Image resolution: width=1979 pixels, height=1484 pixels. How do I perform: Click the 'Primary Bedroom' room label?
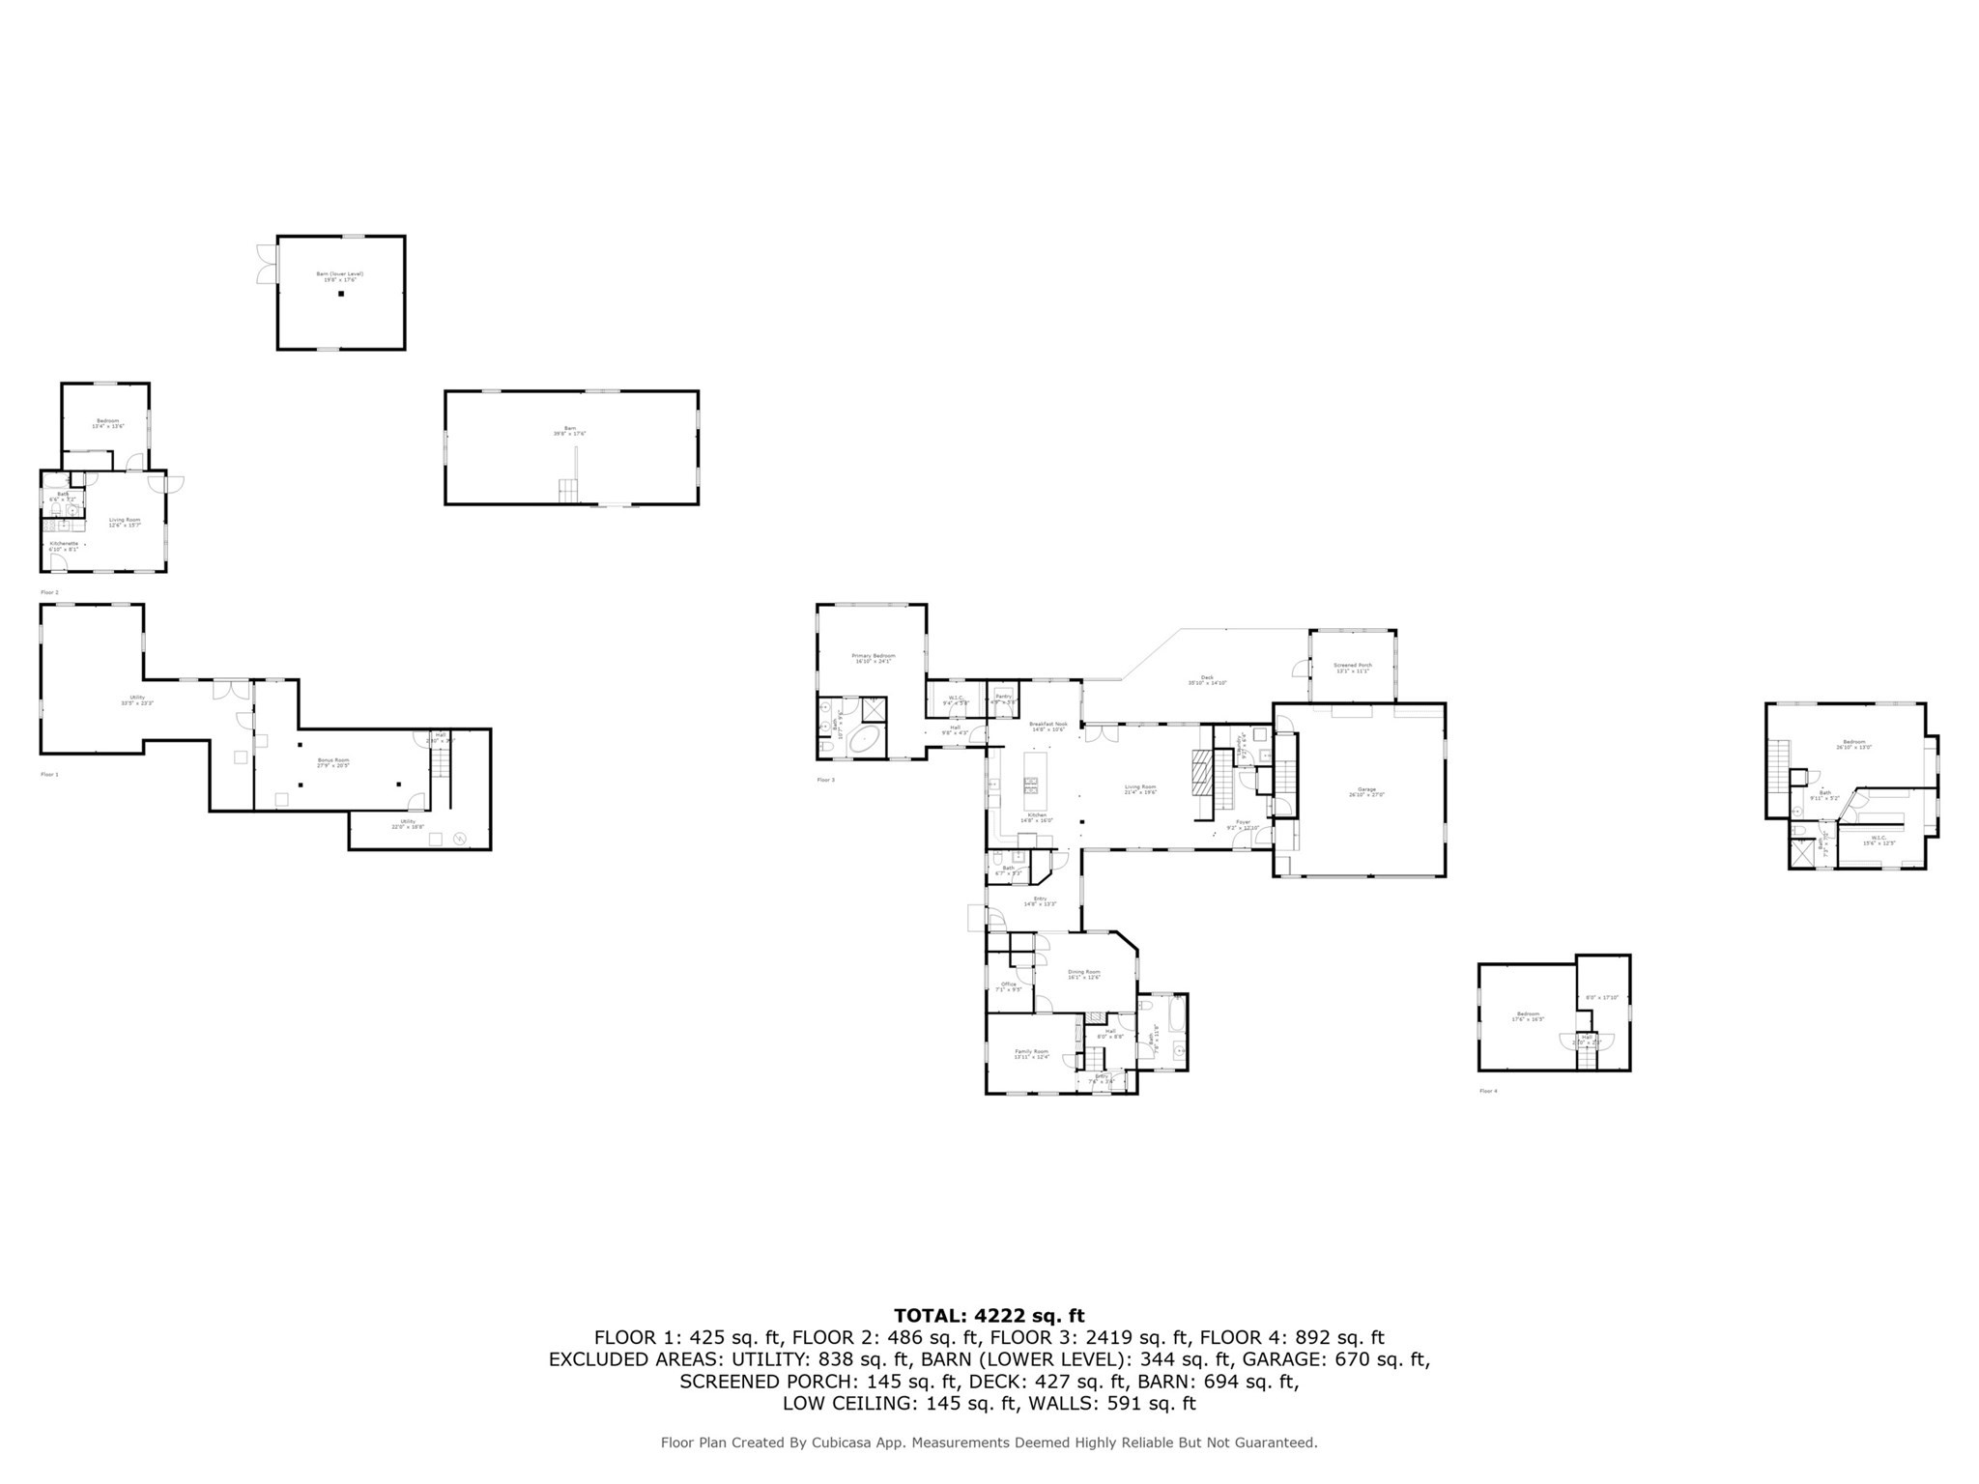873,655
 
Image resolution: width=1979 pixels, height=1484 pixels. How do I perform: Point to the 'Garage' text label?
1366,789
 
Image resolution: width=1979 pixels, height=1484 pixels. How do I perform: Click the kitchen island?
1031,782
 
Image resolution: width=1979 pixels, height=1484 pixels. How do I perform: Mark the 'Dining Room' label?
1083,971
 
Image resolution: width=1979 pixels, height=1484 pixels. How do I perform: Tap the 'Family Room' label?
1031,1051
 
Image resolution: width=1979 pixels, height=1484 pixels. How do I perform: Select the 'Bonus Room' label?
333,760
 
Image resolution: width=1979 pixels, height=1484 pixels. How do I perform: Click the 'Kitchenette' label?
64,543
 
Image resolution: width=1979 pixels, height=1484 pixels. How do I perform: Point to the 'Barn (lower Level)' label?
340,273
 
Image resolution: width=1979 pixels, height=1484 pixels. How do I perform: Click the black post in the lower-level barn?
341,293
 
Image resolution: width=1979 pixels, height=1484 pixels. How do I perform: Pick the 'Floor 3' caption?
826,779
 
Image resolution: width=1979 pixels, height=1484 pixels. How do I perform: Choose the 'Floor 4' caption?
1488,1091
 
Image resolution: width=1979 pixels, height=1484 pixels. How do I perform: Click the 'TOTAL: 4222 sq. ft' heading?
989,1315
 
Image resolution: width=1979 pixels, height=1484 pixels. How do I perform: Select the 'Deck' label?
1207,677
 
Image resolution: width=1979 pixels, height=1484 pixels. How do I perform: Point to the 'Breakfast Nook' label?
1047,724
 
